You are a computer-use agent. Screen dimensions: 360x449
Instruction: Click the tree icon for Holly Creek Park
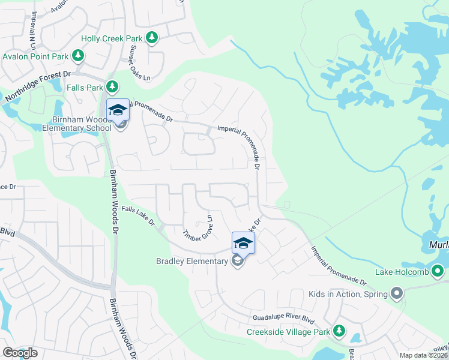click(x=152, y=38)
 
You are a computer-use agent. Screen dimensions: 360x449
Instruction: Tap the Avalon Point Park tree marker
click(x=77, y=56)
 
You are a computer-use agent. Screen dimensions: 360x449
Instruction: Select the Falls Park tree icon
click(x=112, y=87)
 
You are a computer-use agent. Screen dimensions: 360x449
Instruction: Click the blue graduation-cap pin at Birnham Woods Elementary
click(x=118, y=110)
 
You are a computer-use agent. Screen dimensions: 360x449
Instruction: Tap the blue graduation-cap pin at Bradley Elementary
click(x=243, y=243)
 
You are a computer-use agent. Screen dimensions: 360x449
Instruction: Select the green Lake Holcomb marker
click(x=439, y=272)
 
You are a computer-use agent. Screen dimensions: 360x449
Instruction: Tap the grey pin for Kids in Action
click(x=396, y=293)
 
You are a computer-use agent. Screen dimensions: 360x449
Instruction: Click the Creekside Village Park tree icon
click(x=339, y=331)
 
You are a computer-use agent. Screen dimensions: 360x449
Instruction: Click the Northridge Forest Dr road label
click(x=38, y=88)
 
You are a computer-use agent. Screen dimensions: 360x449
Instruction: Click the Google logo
click(x=20, y=353)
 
